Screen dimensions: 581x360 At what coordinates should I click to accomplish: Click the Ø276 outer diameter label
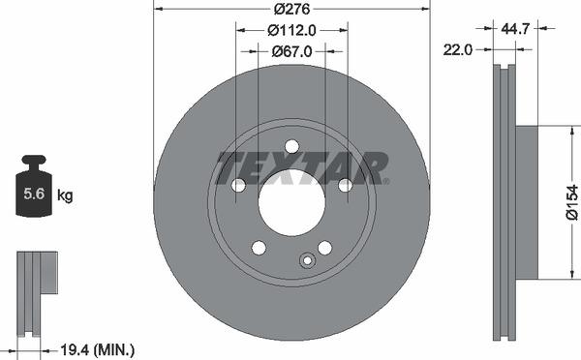point(291,9)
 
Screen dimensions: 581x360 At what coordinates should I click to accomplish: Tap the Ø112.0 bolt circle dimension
point(291,30)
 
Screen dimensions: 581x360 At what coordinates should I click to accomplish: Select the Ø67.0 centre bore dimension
point(291,51)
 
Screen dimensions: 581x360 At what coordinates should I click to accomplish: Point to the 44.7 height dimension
point(515,28)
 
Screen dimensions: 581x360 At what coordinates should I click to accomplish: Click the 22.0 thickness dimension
point(458,49)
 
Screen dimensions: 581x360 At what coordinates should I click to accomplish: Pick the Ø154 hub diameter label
point(571,202)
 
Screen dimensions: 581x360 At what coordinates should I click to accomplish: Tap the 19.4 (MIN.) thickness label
point(97,349)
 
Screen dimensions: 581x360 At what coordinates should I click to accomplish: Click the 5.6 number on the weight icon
point(34,194)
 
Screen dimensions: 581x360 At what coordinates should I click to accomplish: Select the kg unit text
point(65,195)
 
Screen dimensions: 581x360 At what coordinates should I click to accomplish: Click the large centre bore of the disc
point(291,202)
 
